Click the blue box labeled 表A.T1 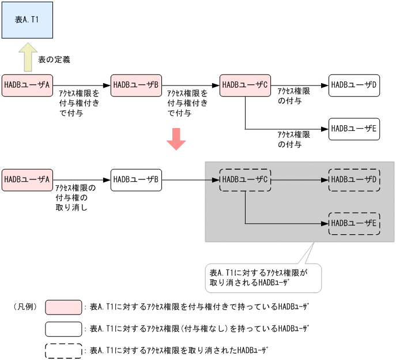pyautogui.click(x=27, y=20)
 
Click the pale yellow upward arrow pyautogui.click(x=27, y=57)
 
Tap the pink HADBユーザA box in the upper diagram pyautogui.click(x=27, y=85)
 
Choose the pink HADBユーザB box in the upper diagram pyautogui.click(x=136, y=85)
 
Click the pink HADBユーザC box pyautogui.click(x=246, y=85)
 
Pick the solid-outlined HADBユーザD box pyautogui.click(x=354, y=85)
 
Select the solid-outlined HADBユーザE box pyautogui.click(x=354, y=128)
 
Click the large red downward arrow pyautogui.click(x=176, y=138)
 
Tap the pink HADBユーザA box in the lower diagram pyautogui.click(x=27, y=179)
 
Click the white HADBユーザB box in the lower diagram pyautogui.click(x=136, y=179)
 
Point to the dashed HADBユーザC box pyautogui.click(x=246, y=179)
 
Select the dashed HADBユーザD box pyautogui.click(x=354, y=179)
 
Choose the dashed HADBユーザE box pyautogui.click(x=354, y=223)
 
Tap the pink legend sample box pyautogui.click(x=63, y=307)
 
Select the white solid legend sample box pyautogui.click(x=63, y=329)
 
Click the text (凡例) pyautogui.click(x=25, y=307)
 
